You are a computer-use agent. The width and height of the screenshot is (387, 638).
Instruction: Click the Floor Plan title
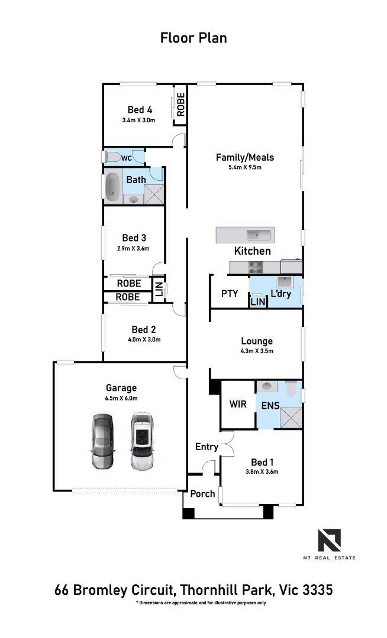tap(193, 38)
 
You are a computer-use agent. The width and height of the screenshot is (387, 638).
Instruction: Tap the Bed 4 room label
tap(140, 109)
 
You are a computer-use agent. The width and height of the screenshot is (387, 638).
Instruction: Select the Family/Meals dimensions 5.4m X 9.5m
tap(244, 167)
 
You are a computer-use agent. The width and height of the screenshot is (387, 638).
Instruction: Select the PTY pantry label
tap(229, 294)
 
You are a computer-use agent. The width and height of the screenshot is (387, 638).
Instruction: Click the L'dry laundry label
tap(281, 294)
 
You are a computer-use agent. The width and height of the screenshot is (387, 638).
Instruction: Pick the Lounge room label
tap(256, 341)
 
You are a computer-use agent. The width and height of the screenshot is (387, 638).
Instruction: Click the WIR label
tap(237, 405)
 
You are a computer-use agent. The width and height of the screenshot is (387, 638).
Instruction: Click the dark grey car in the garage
tap(102, 441)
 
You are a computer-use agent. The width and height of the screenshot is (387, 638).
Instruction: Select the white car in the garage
tap(142, 441)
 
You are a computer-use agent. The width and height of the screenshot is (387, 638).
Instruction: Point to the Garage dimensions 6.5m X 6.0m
tap(121, 398)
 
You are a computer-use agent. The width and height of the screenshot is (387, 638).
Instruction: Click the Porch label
tap(202, 493)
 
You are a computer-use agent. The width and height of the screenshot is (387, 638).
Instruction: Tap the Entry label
tap(207, 447)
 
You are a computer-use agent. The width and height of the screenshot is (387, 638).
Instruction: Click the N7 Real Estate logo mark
tap(330, 541)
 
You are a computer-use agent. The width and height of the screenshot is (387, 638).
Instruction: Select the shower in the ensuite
tap(289, 416)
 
